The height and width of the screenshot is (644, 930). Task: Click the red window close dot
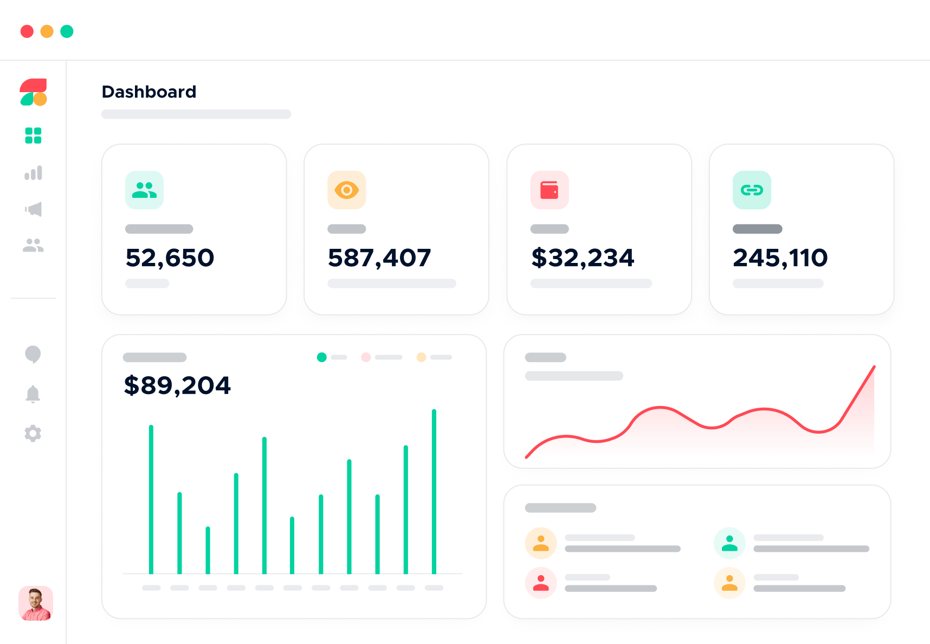click(x=27, y=31)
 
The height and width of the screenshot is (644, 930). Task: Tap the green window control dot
click(x=67, y=31)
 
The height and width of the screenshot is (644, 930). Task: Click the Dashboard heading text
click(x=149, y=92)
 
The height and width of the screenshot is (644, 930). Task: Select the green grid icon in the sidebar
click(x=33, y=136)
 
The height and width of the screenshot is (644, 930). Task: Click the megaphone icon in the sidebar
click(x=34, y=209)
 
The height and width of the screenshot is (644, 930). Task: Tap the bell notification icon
click(x=33, y=394)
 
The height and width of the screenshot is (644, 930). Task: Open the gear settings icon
click(x=33, y=433)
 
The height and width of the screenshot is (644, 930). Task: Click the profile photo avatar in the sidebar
click(x=36, y=603)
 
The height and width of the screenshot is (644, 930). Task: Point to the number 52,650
click(x=170, y=258)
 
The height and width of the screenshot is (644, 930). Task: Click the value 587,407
click(x=379, y=258)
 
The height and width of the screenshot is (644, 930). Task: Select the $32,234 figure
click(x=583, y=258)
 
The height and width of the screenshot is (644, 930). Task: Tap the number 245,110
click(x=780, y=258)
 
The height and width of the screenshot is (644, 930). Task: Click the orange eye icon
click(x=347, y=190)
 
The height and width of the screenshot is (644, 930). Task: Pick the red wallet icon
click(x=550, y=190)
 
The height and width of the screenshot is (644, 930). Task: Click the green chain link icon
click(x=752, y=190)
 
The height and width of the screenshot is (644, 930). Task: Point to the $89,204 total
click(x=177, y=385)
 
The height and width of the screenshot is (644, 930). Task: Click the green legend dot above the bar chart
click(x=322, y=357)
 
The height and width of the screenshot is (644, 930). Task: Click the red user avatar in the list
click(x=541, y=583)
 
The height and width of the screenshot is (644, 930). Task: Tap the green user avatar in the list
click(x=729, y=543)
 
